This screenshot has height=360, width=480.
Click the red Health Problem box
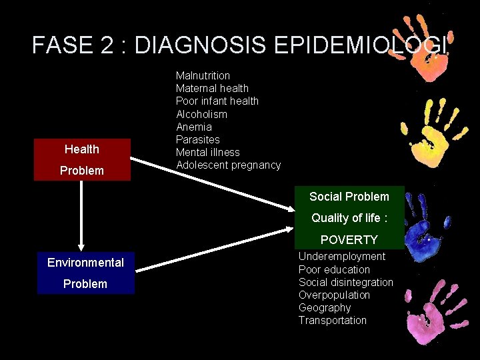tap(81, 159)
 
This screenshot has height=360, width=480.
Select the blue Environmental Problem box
tap(85, 273)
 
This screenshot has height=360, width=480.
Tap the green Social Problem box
tap(349, 216)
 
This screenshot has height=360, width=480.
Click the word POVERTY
tap(349, 240)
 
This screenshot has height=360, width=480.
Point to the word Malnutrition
tap(203, 76)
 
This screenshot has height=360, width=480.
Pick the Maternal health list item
tap(212, 89)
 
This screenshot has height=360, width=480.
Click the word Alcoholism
tap(201, 114)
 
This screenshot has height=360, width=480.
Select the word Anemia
tap(194, 127)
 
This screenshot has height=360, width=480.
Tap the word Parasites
tap(197, 139)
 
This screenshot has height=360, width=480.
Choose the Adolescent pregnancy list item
tap(228, 165)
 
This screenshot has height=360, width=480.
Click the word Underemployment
tap(341, 257)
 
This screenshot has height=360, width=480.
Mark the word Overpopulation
tap(334, 295)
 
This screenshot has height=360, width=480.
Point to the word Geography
tap(324, 307)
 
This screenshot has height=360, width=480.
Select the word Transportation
tap(332, 320)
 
